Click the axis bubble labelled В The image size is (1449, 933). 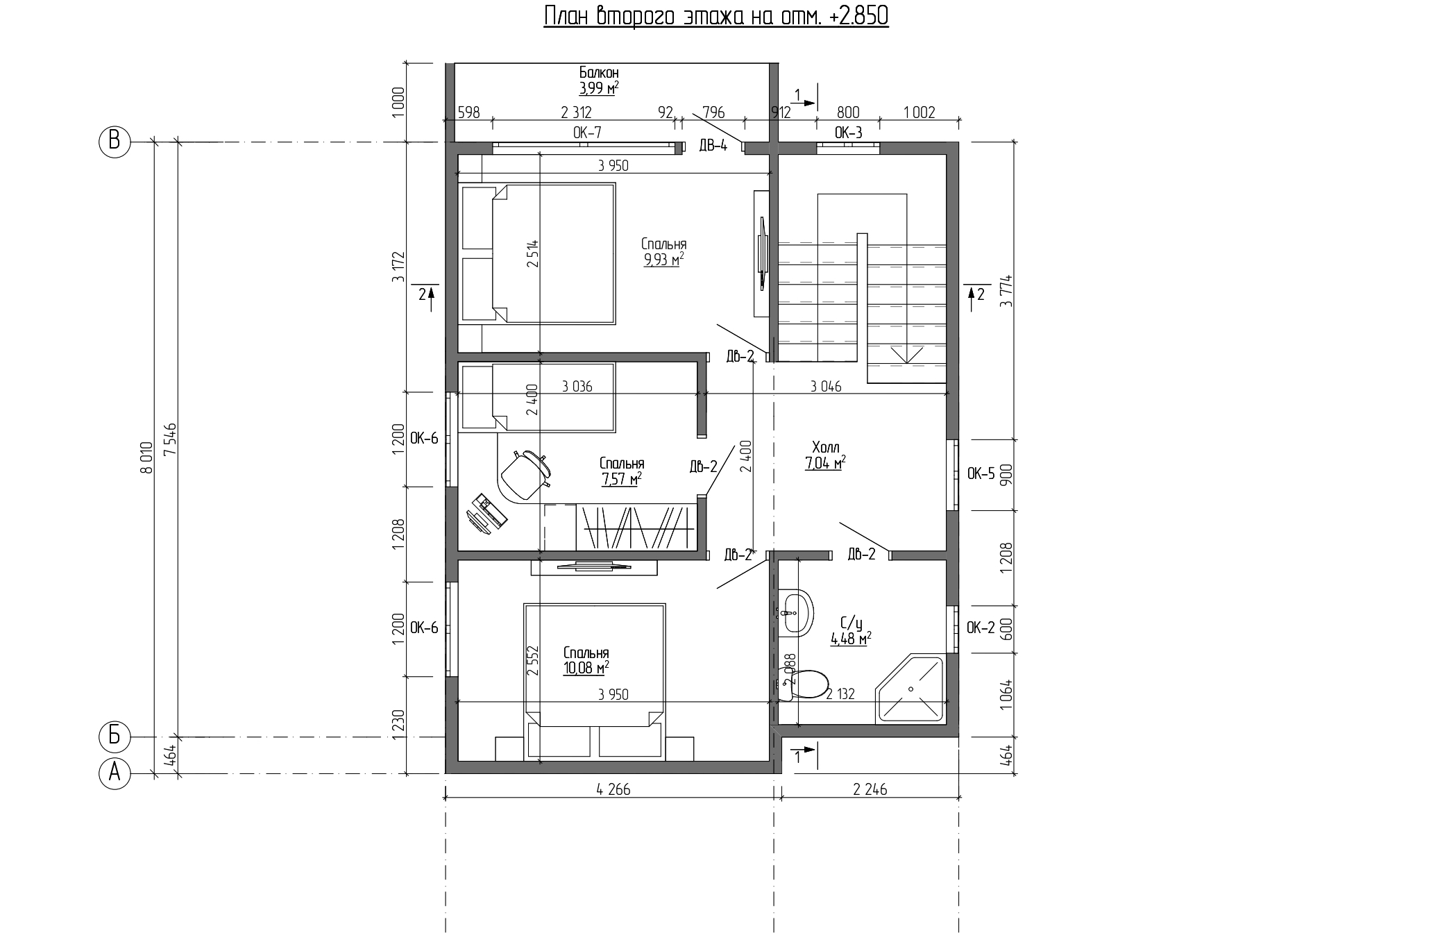pos(115,142)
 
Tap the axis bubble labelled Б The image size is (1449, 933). pos(115,736)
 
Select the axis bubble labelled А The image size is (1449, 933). pos(115,773)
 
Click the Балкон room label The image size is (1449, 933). pos(599,72)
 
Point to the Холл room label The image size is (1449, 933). pos(824,446)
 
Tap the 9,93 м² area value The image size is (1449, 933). pos(664,260)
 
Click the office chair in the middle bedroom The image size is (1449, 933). pos(525,473)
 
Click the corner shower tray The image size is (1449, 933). pos(910,689)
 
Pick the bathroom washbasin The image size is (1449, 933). pos(795,613)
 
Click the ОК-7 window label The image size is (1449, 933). pos(587,133)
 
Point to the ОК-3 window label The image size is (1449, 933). pos(848,133)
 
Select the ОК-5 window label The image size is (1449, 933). pos(981,474)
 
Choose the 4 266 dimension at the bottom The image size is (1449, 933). pos(613,789)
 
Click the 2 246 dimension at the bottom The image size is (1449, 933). pos(870,789)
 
